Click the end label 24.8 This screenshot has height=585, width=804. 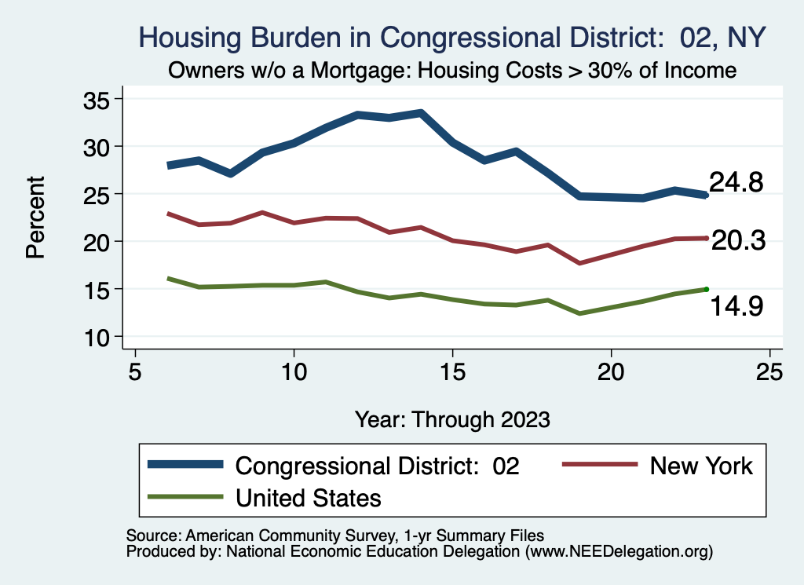click(736, 182)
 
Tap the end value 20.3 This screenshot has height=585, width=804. click(738, 241)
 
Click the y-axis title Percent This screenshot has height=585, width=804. click(35, 218)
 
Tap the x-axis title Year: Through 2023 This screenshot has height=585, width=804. click(452, 419)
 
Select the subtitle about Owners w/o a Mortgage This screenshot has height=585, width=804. click(451, 71)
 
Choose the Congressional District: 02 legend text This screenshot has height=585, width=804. click(378, 466)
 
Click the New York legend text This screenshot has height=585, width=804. click(701, 466)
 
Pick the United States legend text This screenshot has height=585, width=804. click(309, 497)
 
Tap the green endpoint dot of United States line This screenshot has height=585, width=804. click(706, 289)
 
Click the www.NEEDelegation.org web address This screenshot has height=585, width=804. click(619, 552)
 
